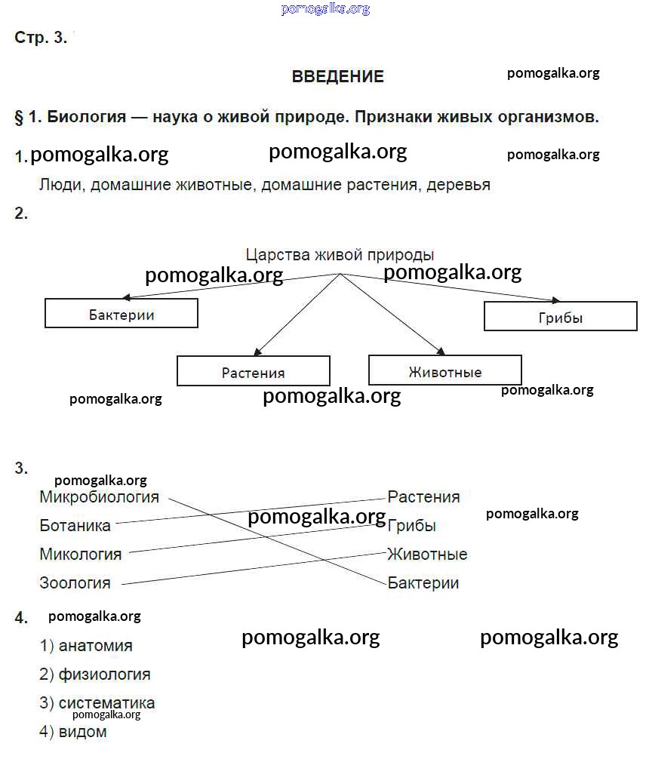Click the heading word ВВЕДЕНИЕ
point(337,77)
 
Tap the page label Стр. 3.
point(41,38)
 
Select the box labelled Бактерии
point(121,314)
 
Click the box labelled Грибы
point(561,318)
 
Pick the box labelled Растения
point(254,372)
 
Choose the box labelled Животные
point(445,371)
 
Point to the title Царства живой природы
point(340,256)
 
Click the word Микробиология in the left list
point(99,497)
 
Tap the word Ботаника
point(75,526)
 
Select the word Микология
point(80,555)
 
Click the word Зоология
point(75,583)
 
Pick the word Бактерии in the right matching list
point(423,583)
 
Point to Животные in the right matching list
point(427,555)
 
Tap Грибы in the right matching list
point(411,526)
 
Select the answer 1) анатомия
point(86,647)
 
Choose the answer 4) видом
point(73,732)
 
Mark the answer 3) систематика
point(97,703)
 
